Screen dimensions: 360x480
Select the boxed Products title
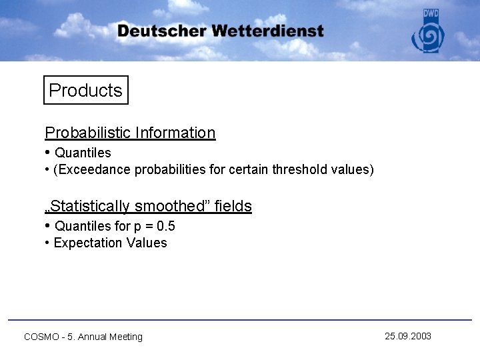pos(86,91)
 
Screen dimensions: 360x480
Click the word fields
pos(233,206)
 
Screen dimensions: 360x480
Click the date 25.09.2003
pos(408,336)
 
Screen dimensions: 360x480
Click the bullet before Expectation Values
pos(47,243)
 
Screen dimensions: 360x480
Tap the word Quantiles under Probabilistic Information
pos(83,153)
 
